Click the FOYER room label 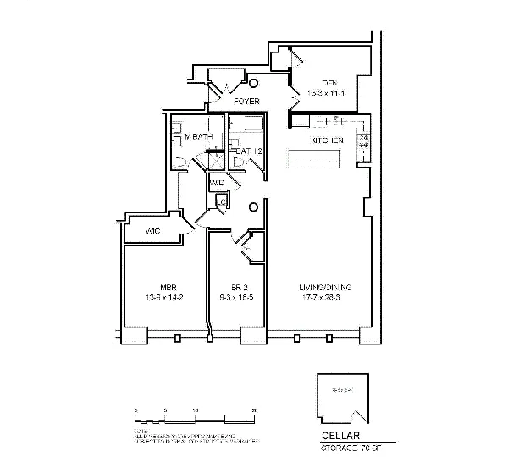coord(246,102)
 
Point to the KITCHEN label coord(327,140)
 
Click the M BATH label coord(198,137)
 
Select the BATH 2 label coord(247,151)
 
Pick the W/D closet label coord(217,183)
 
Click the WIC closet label coord(153,231)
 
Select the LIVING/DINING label coord(325,287)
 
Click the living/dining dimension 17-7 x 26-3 coord(325,298)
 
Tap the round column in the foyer coord(253,84)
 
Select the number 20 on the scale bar coord(255,410)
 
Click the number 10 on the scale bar coord(196,410)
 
